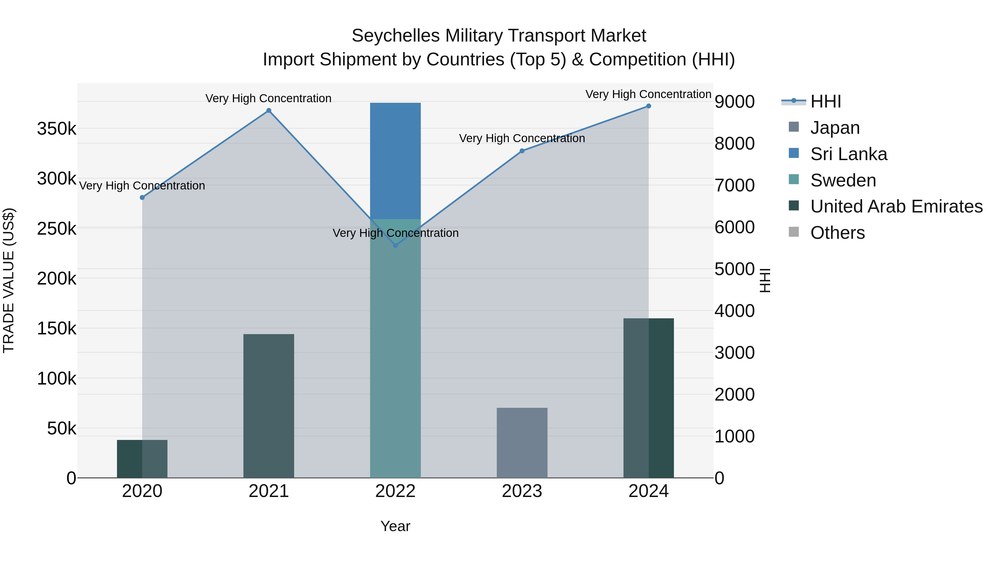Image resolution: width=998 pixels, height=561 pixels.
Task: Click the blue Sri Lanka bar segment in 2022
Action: pyautogui.click(x=395, y=161)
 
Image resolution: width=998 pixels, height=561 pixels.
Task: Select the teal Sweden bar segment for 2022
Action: pyautogui.click(x=395, y=349)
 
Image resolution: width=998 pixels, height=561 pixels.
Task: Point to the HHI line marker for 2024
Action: pyautogui.click(x=648, y=106)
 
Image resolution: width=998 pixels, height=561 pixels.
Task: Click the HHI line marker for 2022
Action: pyautogui.click(x=395, y=245)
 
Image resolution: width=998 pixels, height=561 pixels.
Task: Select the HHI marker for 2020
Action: pyautogui.click(x=142, y=198)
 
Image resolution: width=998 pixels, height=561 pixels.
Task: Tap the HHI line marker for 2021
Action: pyautogui.click(x=268, y=111)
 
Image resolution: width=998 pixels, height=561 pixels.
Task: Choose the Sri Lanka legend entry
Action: pyautogui.click(x=849, y=154)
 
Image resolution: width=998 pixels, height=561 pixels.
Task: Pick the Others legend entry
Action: pyautogui.click(x=837, y=233)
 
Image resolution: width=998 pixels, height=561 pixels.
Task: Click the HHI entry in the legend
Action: pyautogui.click(x=826, y=101)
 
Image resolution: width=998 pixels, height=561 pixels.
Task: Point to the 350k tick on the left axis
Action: pyautogui.click(x=57, y=129)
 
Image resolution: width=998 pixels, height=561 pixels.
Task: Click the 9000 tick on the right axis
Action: pyautogui.click(x=734, y=102)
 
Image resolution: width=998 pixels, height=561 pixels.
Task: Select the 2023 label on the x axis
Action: pyautogui.click(x=522, y=491)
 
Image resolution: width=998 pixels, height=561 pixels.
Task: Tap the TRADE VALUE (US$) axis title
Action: pyautogui.click(x=9, y=280)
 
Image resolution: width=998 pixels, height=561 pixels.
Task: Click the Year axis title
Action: pyautogui.click(x=395, y=526)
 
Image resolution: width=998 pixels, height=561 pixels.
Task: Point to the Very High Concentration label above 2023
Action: pyautogui.click(x=522, y=138)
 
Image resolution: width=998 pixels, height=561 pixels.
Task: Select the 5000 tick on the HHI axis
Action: pyautogui.click(x=734, y=269)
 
